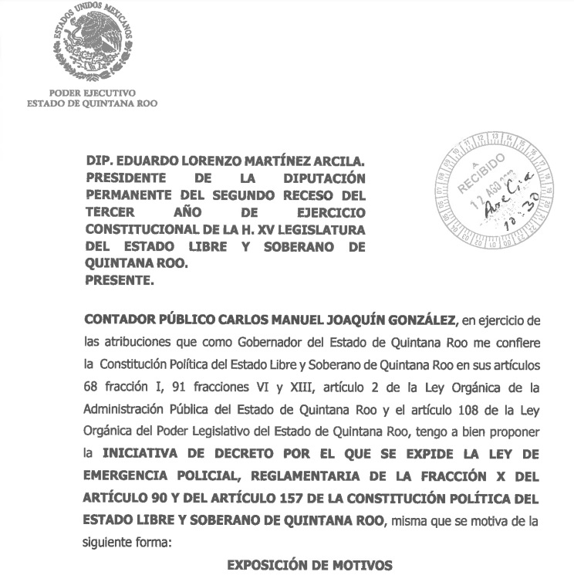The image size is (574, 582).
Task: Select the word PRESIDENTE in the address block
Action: (126, 178)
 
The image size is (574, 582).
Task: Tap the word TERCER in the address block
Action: (109, 212)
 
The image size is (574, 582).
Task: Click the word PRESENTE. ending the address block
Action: (119, 281)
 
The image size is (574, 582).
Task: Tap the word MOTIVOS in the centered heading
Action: (361, 566)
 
